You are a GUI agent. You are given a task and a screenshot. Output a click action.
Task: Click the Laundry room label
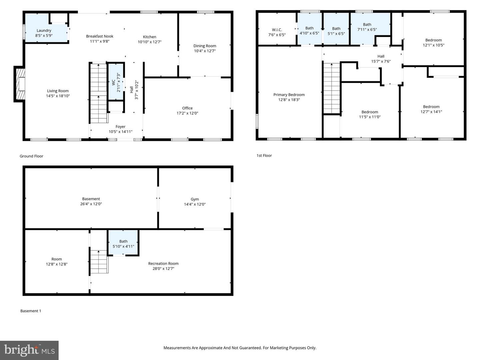[44, 31]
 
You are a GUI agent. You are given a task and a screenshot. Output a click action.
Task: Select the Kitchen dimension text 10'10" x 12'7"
[150, 42]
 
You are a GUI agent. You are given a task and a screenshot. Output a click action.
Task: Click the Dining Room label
[205, 46]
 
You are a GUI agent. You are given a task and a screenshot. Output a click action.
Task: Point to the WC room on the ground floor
[116, 81]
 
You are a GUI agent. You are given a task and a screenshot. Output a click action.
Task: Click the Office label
[187, 108]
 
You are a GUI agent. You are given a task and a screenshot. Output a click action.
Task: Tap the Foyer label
[120, 127]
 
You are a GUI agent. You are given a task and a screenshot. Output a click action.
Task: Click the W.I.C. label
[277, 30]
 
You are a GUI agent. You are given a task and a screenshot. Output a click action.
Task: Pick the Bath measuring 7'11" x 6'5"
[367, 27]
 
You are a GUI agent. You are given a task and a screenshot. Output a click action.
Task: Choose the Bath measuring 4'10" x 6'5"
[309, 31]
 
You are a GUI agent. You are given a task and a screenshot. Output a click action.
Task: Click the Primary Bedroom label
[289, 95]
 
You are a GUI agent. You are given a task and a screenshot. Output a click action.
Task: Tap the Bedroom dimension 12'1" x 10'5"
[433, 45]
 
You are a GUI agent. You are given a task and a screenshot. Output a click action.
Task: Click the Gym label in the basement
[195, 199]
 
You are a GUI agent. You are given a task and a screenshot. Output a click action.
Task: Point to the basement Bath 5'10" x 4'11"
[123, 244]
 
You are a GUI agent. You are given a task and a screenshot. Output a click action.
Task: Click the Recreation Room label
[163, 263]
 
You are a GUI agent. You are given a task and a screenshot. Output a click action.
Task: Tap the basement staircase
[99, 262]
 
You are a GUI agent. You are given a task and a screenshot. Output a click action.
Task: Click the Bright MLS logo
[29, 350]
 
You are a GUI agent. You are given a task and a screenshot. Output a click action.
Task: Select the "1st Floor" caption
[264, 155]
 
